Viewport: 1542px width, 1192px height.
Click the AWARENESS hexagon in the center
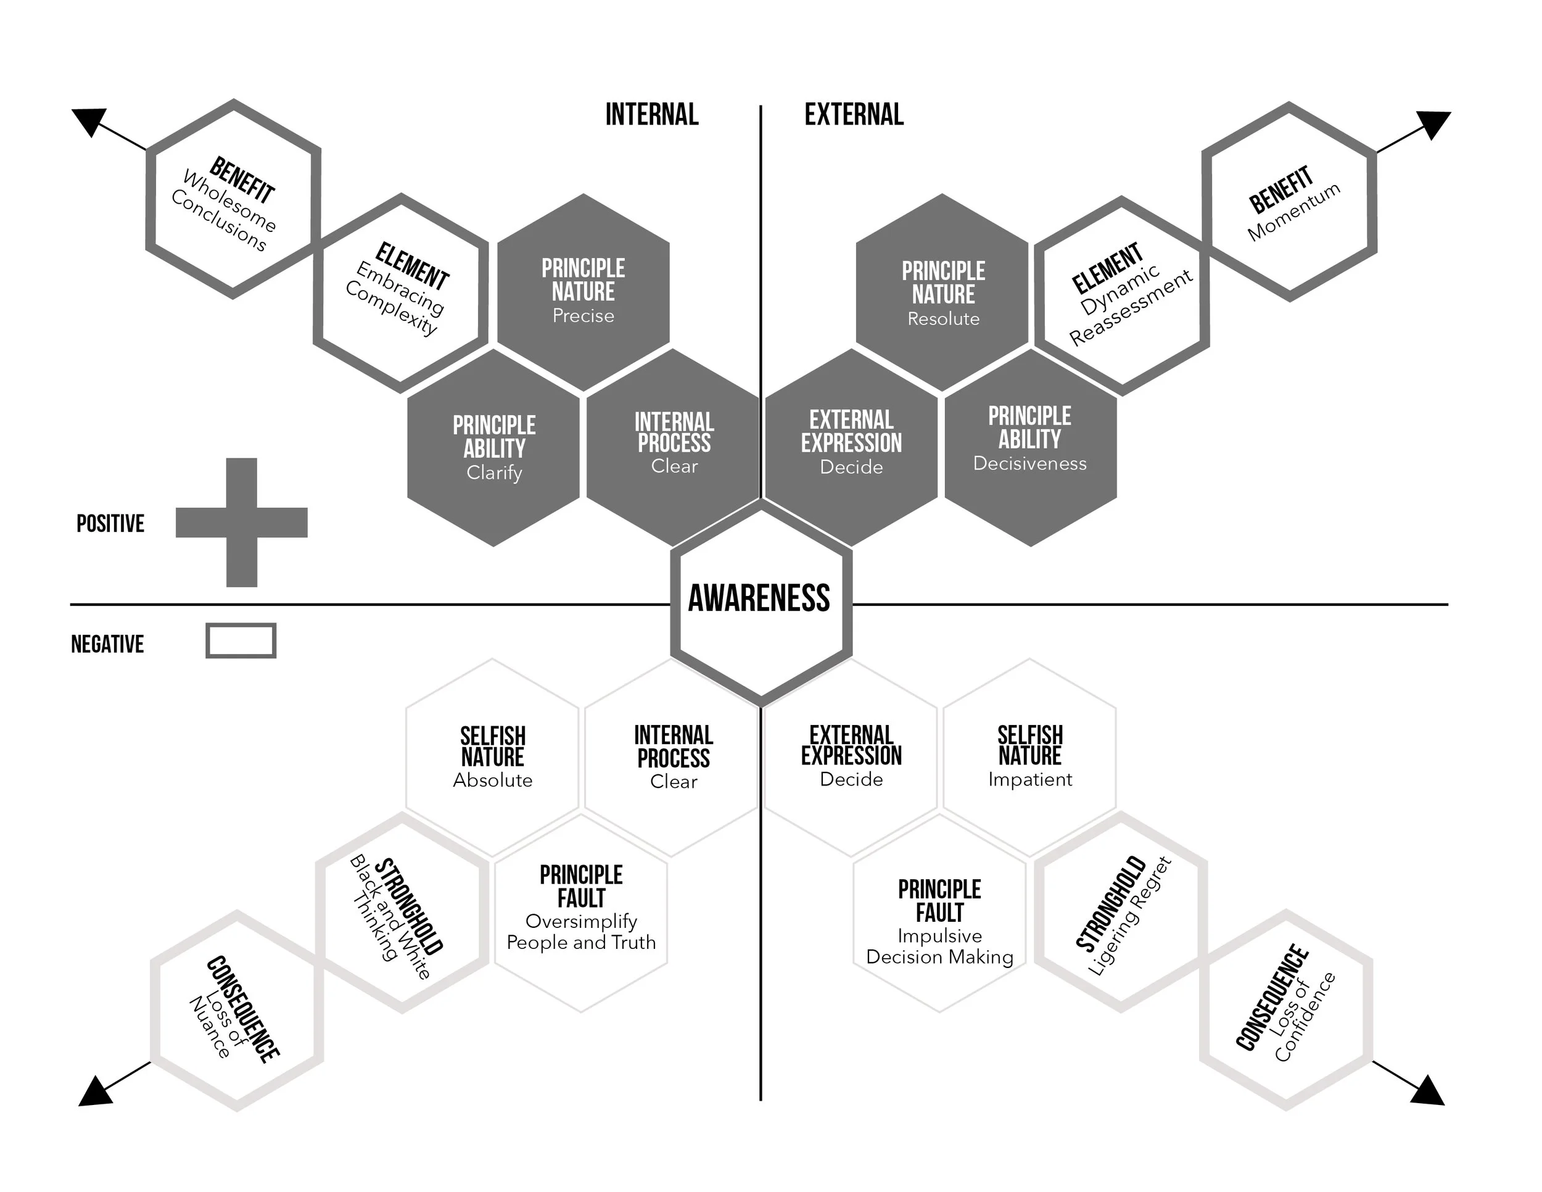click(761, 600)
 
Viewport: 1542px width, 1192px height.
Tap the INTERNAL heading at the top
click(652, 114)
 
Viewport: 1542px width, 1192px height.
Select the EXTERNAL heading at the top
click(854, 114)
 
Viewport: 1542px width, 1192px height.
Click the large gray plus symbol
click(241, 523)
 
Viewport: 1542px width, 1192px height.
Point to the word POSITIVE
click(110, 523)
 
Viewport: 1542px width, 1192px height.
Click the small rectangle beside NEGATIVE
click(241, 640)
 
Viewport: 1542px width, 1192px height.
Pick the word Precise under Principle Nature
click(583, 316)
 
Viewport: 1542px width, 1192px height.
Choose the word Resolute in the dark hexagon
click(943, 318)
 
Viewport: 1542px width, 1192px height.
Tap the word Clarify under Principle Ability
click(494, 472)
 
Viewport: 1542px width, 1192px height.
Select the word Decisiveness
click(1029, 463)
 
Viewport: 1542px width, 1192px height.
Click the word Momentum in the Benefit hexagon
click(1293, 212)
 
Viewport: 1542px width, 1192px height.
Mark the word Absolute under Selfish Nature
click(493, 780)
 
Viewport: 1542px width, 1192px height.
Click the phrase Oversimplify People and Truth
click(581, 932)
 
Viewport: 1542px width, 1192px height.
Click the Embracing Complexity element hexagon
click(400, 292)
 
